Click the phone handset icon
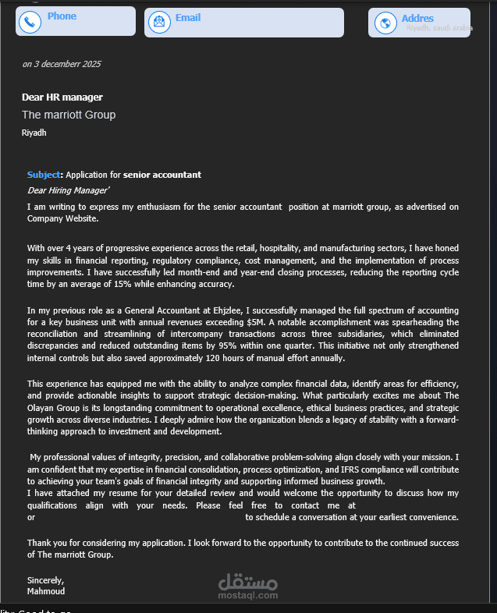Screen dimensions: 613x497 30,23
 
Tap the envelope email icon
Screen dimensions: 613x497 159,23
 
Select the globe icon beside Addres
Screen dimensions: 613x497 384,23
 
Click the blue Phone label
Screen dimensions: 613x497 62,16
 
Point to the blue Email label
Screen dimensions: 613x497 188,17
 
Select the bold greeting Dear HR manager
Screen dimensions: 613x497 62,97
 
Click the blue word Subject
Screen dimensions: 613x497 44,175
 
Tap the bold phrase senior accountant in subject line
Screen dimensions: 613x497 162,175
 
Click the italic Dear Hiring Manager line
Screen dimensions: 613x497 69,190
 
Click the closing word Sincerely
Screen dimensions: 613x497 45,580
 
